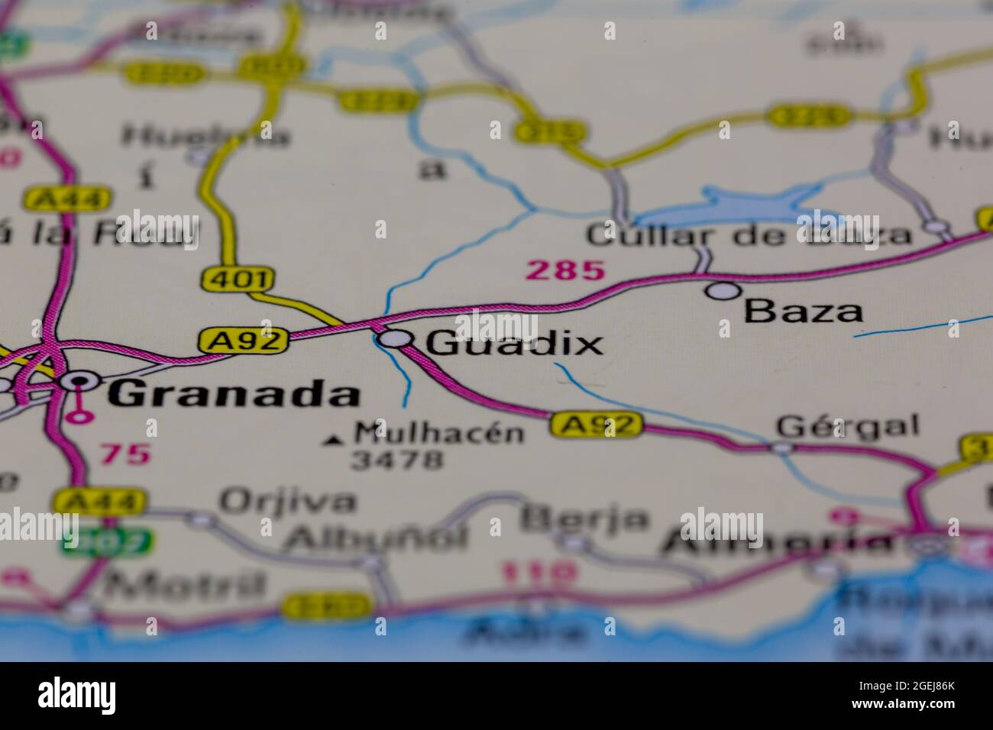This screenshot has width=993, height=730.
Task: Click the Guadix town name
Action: (x=514, y=343)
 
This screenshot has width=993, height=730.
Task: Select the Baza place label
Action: (x=804, y=311)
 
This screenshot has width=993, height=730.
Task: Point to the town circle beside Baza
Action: (x=723, y=290)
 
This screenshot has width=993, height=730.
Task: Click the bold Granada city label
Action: (x=234, y=395)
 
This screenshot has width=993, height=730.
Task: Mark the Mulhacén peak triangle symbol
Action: (x=334, y=440)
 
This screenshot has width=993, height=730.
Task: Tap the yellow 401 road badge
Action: (x=236, y=279)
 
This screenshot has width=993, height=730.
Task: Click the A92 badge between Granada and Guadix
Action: (x=244, y=340)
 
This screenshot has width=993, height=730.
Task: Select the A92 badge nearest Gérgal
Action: (x=597, y=425)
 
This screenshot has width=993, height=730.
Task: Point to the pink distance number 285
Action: (x=566, y=270)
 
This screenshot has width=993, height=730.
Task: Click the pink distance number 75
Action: (x=125, y=454)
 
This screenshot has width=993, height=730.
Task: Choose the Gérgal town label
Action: (x=848, y=425)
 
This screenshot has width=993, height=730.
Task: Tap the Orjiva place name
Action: (x=287, y=502)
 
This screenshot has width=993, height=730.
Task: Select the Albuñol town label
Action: (x=374, y=537)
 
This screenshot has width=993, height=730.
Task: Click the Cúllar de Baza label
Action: (x=749, y=235)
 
